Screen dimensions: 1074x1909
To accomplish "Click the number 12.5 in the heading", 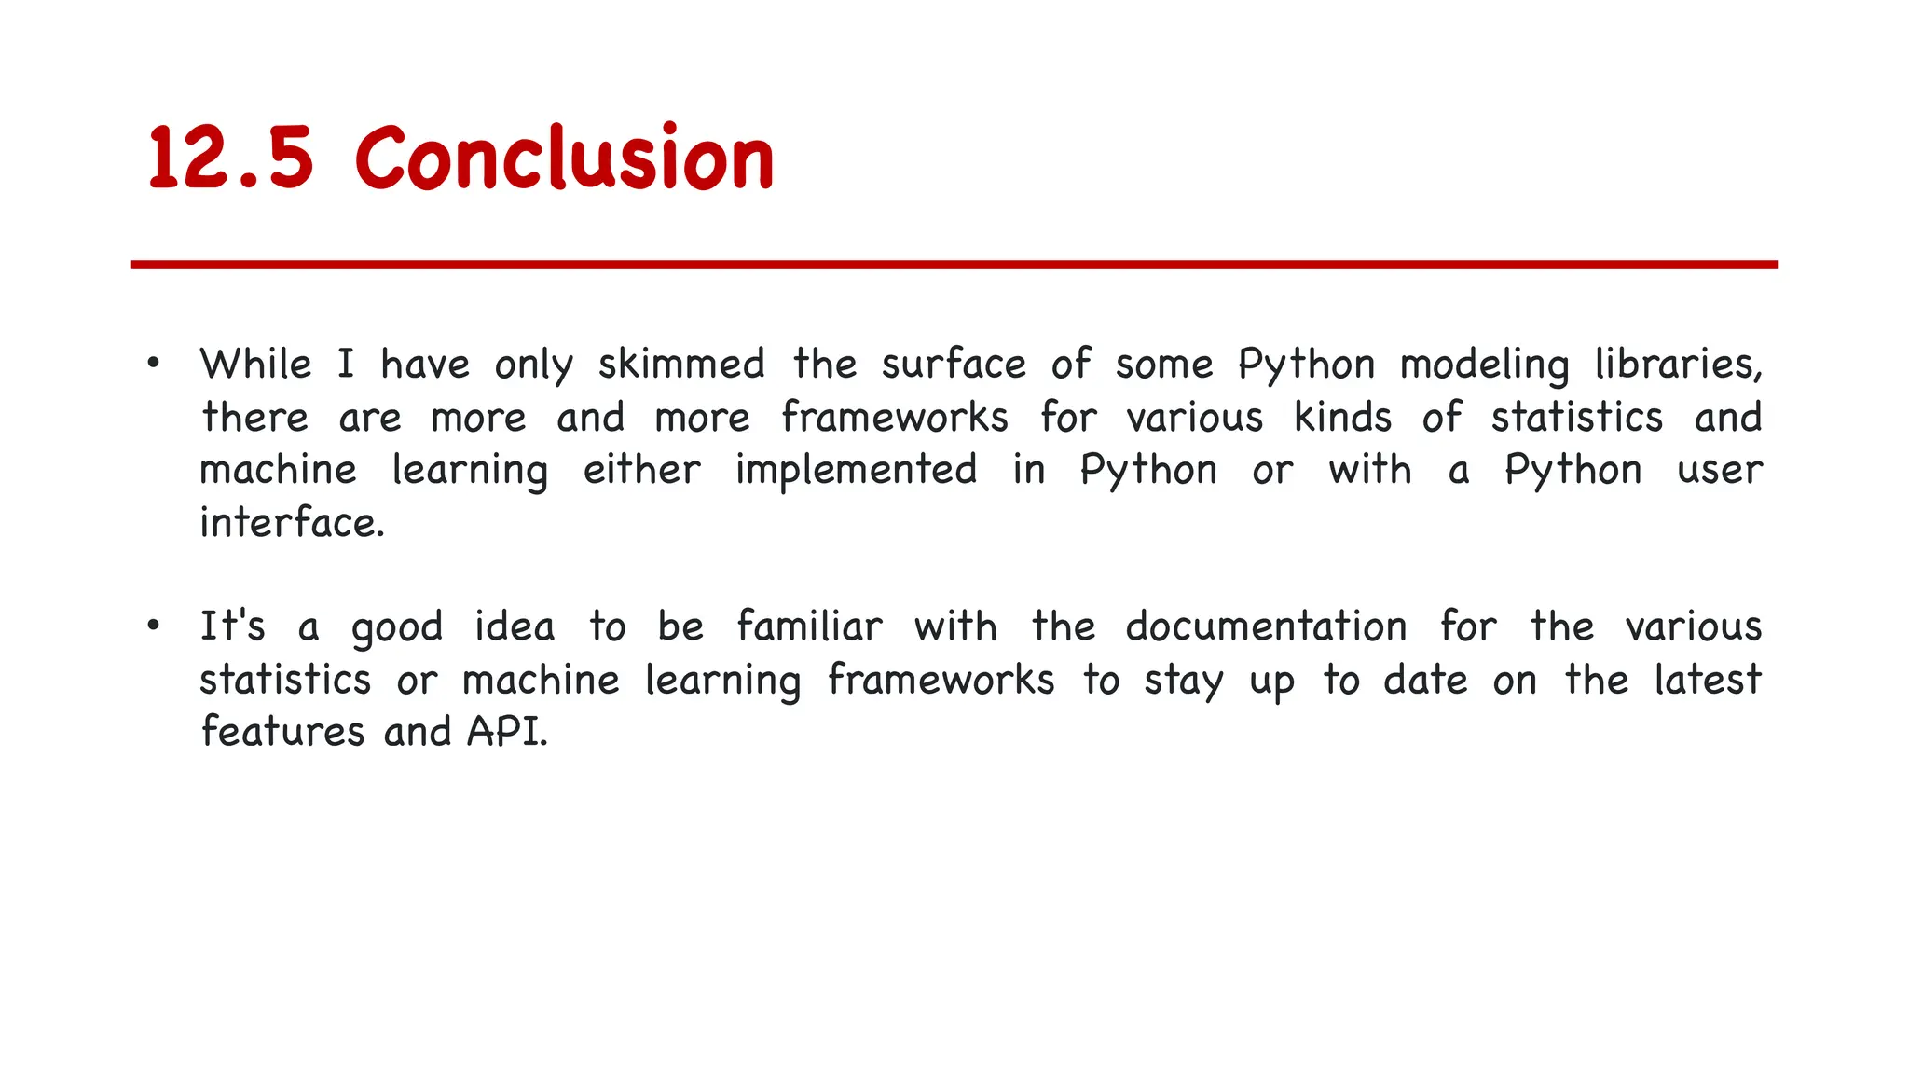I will (230, 158).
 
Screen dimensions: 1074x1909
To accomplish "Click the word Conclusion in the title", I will (565, 158).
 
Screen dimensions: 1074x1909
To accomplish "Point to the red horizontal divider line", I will (954, 265).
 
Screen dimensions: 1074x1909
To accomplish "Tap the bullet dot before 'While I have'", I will (154, 363).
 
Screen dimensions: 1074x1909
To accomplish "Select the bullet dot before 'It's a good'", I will (154, 626).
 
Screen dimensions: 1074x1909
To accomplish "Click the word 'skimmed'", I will (681, 364).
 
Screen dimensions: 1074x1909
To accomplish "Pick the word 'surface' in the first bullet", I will (954, 364).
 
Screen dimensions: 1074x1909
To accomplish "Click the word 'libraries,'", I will (1678, 364).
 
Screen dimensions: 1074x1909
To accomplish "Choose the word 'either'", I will (641, 470).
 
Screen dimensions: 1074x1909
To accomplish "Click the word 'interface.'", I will (292, 523).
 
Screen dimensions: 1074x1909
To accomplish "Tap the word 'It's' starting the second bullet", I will (233, 626).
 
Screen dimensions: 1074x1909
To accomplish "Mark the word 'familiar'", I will (809, 626).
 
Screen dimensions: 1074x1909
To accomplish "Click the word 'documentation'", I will (1266, 626).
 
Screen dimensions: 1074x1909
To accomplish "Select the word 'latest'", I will (1708, 680).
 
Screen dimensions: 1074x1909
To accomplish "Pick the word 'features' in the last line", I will (282, 732).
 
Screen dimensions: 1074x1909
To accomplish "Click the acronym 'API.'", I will (507, 732).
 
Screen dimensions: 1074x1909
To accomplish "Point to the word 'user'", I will (1719, 470).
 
